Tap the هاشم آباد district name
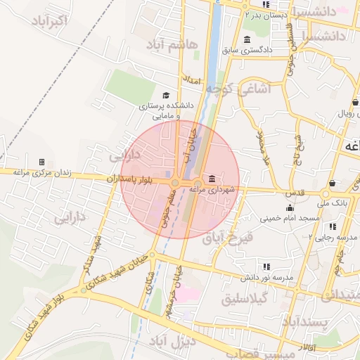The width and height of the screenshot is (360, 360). (x=172, y=44)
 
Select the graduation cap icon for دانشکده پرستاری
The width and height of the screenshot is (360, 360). (x=166, y=96)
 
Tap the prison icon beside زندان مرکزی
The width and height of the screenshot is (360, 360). (x=41, y=162)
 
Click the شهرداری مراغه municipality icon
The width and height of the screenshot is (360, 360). (x=212, y=179)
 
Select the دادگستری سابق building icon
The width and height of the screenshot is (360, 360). (x=247, y=39)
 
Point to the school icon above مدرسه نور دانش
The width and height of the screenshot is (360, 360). (x=266, y=266)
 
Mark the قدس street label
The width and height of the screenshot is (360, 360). (x=295, y=193)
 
